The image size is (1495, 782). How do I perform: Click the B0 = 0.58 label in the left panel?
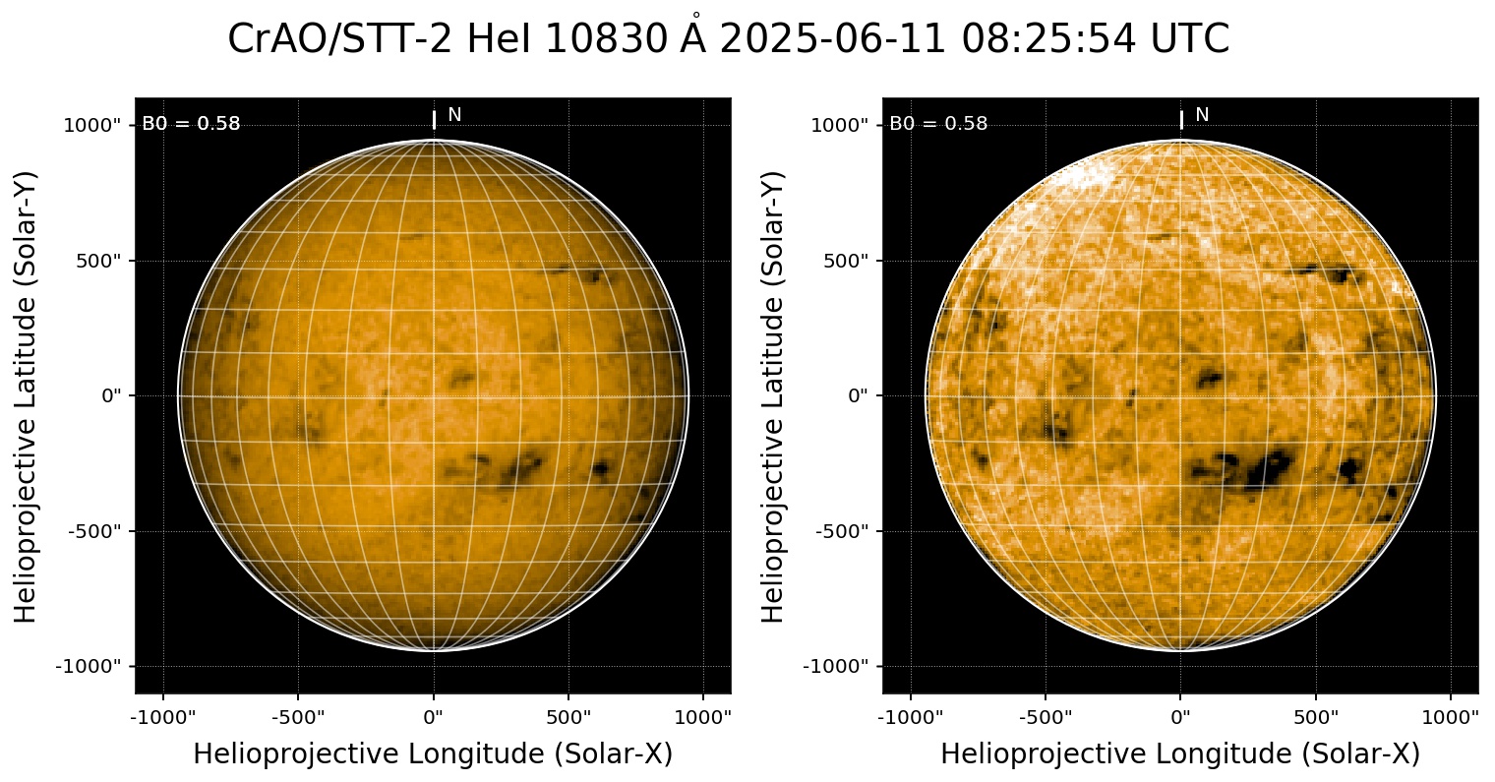[191, 124]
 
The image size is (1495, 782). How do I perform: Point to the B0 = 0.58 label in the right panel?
[938, 124]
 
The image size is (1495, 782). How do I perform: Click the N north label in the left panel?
[454, 115]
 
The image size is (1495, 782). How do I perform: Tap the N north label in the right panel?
[1202, 115]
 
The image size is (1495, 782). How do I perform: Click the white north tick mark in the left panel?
[434, 119]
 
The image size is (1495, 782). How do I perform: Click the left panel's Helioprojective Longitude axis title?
[433, 754]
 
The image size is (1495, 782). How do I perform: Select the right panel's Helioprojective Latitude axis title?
[774, 395]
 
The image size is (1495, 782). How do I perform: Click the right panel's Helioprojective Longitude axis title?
[1180, 754]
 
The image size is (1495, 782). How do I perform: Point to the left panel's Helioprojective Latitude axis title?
[27, 395]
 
